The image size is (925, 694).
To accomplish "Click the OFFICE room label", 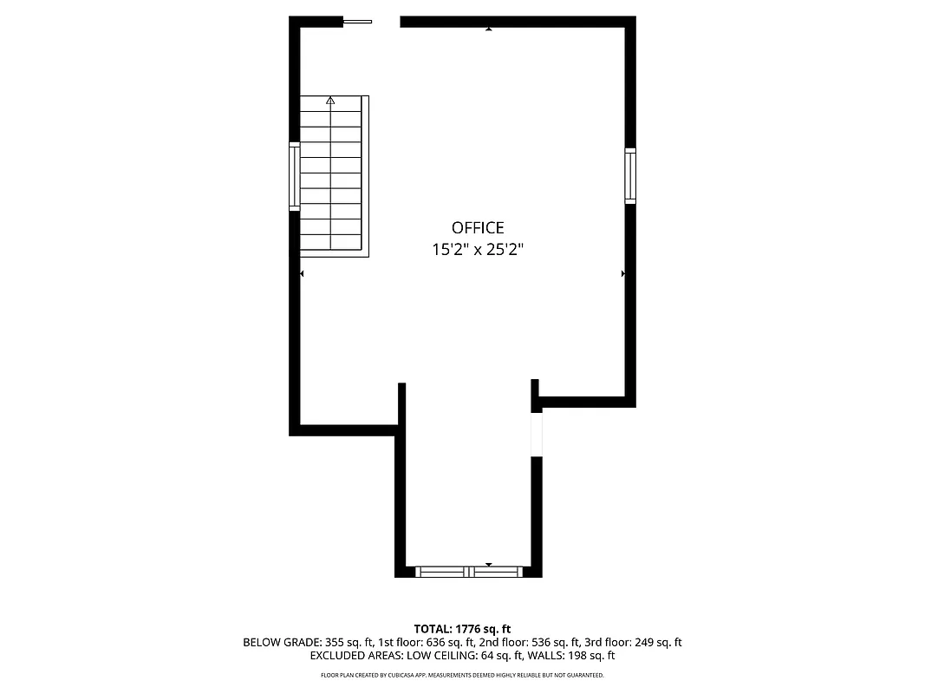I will (478, 228).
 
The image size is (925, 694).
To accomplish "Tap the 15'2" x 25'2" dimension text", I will (478, 250).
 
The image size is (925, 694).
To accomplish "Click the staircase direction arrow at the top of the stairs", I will (330, 101).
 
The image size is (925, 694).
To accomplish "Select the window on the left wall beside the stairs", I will (294, 177).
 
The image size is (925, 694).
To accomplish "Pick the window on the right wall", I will (630, 176).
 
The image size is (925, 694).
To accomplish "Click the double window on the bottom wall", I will (469, 572).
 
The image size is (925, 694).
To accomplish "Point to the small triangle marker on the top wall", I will (489, 29).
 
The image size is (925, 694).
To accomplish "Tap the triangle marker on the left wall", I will (302, 273).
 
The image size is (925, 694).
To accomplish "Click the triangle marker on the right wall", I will (623, 273).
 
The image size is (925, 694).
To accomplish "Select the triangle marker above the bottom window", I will (489, 564).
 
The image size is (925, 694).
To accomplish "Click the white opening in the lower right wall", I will (537, 434).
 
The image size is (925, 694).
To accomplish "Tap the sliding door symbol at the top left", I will (357, 22).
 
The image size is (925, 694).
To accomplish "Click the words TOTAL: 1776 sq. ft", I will (462, 628).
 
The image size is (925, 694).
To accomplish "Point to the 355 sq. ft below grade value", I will (346, 643).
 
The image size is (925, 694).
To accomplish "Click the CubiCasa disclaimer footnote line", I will (462, 675).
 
